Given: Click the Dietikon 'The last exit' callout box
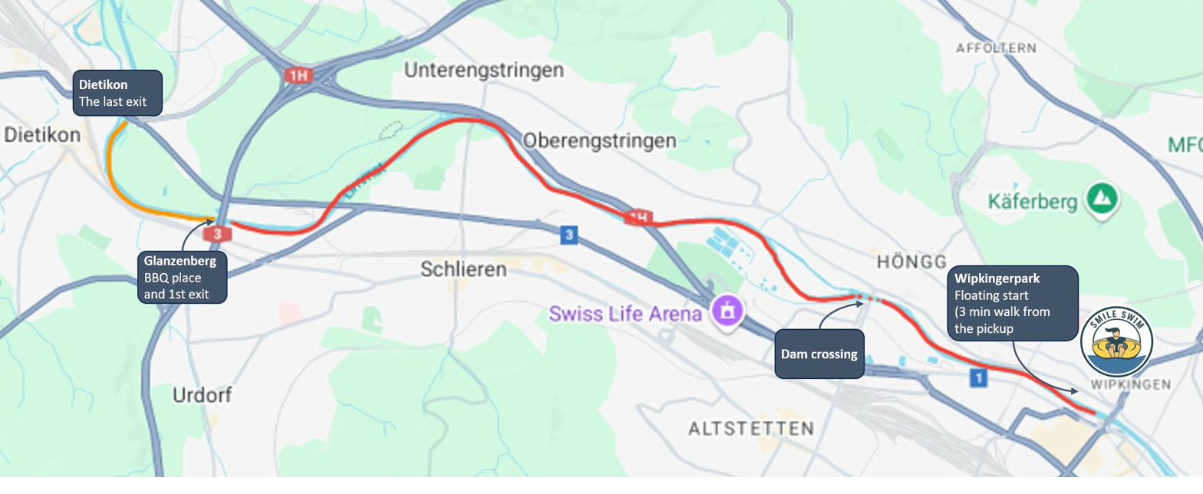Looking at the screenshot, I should tap(117, 93).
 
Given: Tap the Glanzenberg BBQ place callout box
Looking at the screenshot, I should tap(184, 277).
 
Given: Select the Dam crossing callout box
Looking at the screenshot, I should tap(819, 354).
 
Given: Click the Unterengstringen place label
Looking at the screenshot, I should tap(483, 71).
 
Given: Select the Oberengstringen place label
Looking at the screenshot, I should tap(599, 141).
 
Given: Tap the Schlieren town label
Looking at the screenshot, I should tap(463, 269).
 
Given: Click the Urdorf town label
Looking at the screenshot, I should tap(203, 395).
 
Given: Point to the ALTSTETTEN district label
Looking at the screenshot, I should tap(750, 428).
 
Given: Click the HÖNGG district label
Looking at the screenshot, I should tap(911, 262).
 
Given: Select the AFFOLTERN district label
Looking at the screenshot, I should tap(996, 48).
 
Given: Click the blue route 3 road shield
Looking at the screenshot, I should tap(569, 235).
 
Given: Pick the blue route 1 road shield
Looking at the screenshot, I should tap(977, 377).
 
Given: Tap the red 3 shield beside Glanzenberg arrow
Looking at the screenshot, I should tap(219, 233).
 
